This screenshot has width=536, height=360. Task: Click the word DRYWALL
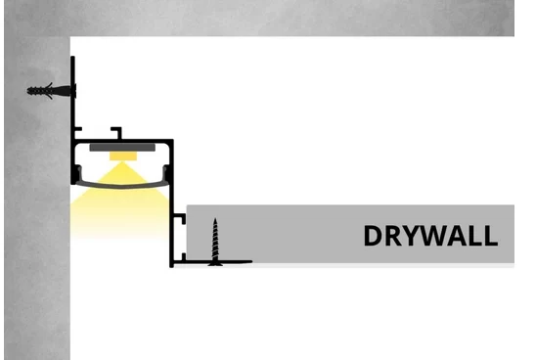point(430,236)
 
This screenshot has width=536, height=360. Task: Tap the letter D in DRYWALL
point(373,236)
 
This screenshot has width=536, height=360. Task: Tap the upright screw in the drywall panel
point(215,242)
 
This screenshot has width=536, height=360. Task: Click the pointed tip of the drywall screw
point(215,218)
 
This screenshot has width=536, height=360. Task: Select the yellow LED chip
point(123,157)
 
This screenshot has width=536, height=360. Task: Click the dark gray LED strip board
point(122,148)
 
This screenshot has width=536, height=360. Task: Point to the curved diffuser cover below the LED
point(121,186)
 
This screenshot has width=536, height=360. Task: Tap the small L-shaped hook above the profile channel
point(117,131)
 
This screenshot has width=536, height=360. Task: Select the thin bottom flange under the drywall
point(212,262)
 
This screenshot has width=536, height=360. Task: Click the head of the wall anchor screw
point(73,91)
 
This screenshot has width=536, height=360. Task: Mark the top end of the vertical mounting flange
point(72,57)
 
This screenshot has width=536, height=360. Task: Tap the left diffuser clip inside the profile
point(78,172)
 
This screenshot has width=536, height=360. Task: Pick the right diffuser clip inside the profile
point(166,172)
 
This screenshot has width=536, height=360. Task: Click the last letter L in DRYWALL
point(491,236)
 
